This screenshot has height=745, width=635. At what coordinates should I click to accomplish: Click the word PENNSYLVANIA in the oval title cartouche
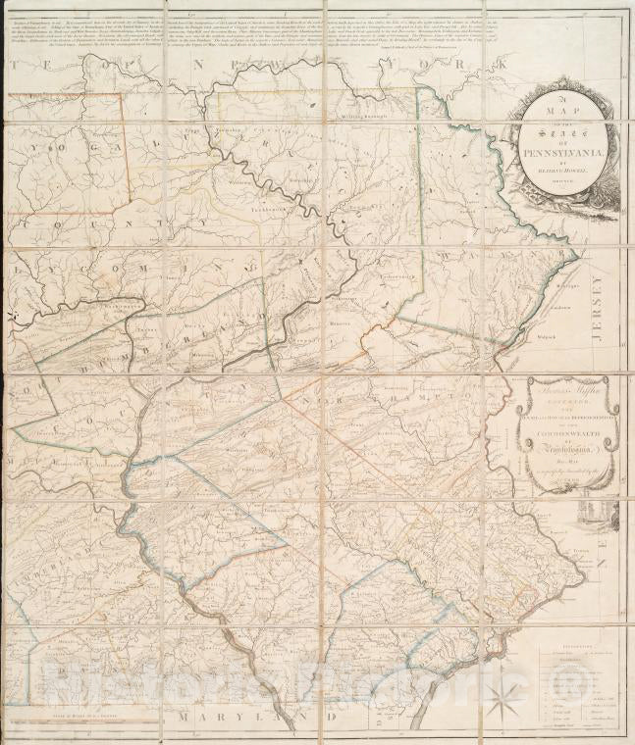[x=569, y=154]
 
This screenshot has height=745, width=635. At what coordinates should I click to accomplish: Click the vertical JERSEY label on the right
[x=597, y=309]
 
